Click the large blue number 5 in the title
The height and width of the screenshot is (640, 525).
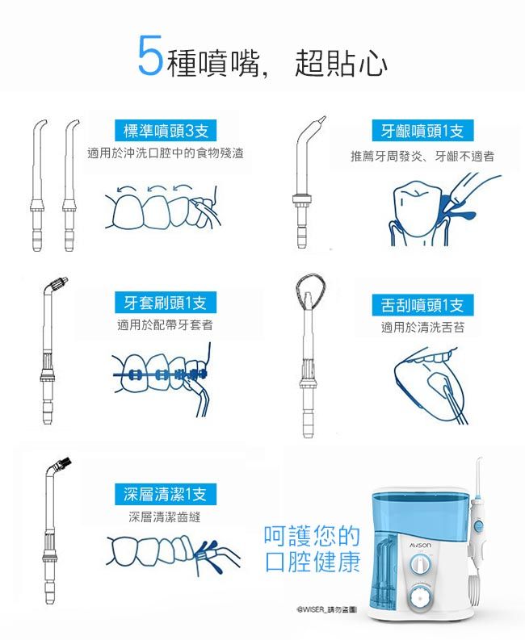pos(150,55)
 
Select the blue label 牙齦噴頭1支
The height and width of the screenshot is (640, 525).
pos(422,131)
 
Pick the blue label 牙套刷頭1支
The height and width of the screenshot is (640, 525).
pos(165,303)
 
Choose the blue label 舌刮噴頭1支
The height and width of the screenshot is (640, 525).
pos(422,305)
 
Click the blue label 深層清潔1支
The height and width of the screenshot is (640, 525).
pos(165,494)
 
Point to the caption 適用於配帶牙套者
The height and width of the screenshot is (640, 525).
pos(165,325)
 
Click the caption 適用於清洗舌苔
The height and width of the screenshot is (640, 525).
pos(422,327)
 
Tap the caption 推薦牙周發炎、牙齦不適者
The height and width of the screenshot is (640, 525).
pos(422,155)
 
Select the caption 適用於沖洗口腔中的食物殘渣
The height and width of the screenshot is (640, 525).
pos(165,153)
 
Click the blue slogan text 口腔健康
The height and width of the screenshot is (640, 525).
pos(313,563)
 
